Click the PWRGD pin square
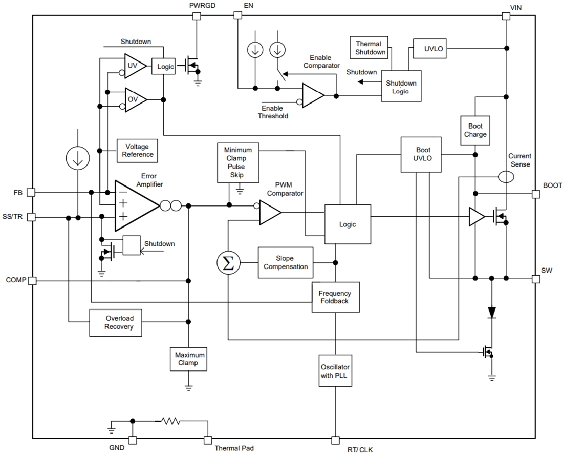[x=196, y=16]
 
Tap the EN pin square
[x=237, y=16]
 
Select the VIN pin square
[x=506, y=16]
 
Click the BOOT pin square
[x=536, y=194]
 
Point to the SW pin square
[x=536, y=279]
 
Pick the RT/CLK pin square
[x=335, y=440]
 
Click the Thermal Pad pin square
[x=208, y=440]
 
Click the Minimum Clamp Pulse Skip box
[x=238, y=162]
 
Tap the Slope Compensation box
[x=285, y=263]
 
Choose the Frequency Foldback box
[x=335, y=297]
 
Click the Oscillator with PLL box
[x=335, y=371]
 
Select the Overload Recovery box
[x=116, y=322]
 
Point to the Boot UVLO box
[x=423, y=154]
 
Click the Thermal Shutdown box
[x=369, y=48]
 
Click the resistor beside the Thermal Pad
[x=170, y=421]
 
